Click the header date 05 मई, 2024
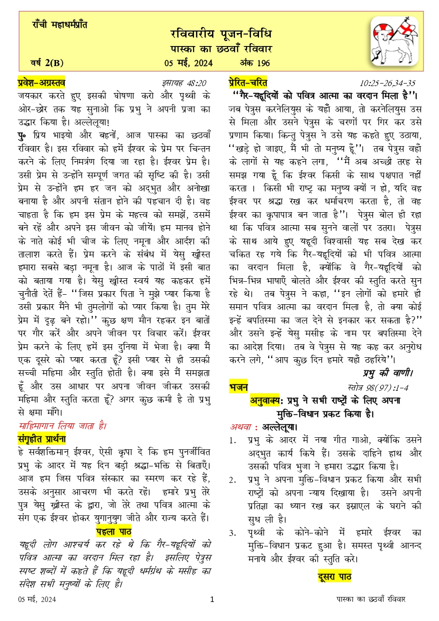pyautogui.click(x=187, y=63)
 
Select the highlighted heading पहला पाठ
pyautogui.click(x=113, y=531)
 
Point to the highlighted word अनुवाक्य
pyautogui.click(x=268, y=400)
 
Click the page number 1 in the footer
pyautogui.click(x=212, y=599)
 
